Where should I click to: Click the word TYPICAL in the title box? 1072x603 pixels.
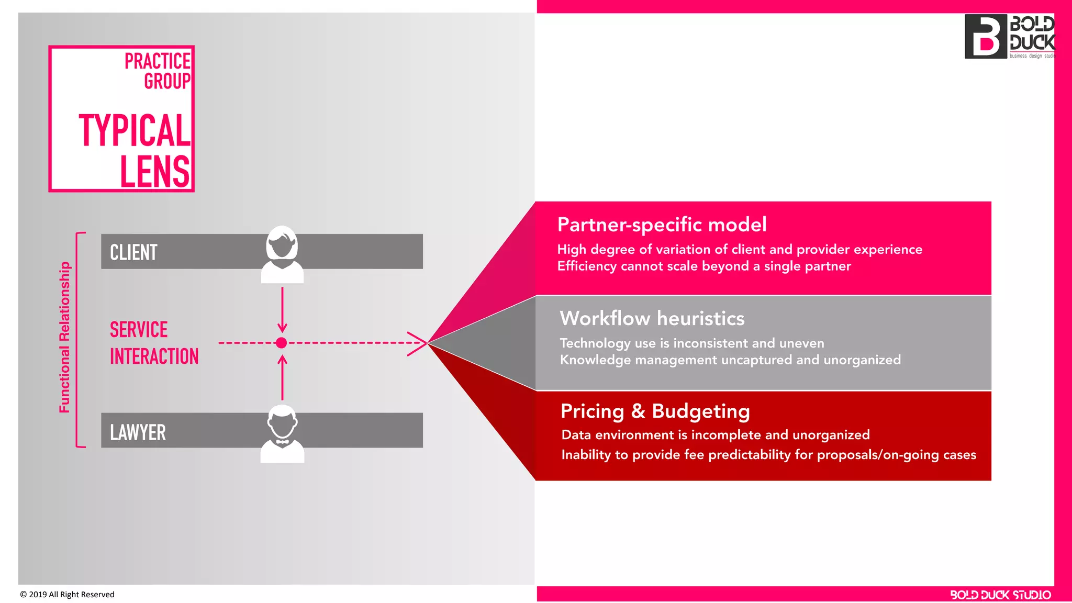(135, 130)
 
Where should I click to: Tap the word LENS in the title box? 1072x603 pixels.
(155, 171)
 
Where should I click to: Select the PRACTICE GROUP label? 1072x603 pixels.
(158, 71)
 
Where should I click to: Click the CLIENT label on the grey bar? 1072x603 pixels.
(133, 252)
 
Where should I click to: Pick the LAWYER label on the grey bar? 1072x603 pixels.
(138, 432)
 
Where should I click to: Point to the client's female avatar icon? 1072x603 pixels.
(282, 254)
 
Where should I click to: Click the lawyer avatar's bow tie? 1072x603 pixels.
(282, 442)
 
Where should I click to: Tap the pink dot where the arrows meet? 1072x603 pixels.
(281, 343)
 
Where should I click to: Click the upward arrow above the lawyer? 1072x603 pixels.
(282, 377)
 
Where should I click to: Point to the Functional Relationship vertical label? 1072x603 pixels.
(64, 338)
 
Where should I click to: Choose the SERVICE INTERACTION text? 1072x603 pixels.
(154, 343)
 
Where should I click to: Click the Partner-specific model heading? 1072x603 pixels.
(662, 225)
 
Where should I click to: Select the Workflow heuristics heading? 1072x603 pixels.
(652, 318)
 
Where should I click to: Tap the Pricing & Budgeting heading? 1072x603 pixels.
(655, 411)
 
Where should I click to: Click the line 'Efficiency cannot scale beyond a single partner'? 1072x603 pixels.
(703, 266)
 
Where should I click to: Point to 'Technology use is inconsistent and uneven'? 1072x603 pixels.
(691, 343)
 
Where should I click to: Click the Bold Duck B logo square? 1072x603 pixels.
(986, 37)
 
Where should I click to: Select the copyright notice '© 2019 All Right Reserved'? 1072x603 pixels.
(67, 595)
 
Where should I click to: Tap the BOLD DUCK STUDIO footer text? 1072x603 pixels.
(1000, 595)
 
